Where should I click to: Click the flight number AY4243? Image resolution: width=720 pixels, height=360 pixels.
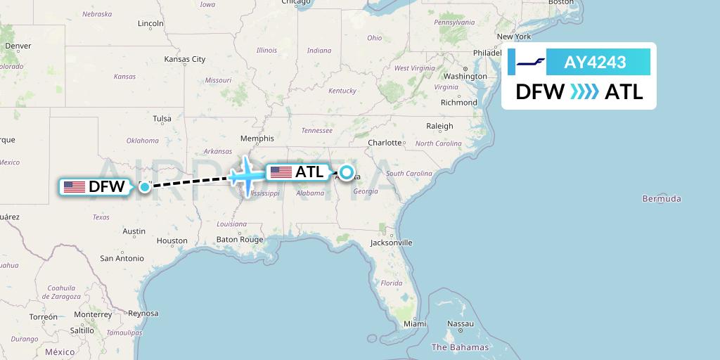[595, 62]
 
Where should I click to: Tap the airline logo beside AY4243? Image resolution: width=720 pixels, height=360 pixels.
[531, 62]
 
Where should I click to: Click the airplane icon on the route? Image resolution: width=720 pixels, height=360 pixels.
[244, 174]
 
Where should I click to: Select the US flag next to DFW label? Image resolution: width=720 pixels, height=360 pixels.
[74, 187]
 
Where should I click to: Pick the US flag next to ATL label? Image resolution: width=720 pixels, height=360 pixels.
[281, 172]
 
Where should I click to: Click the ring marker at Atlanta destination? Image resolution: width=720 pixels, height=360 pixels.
[347, 171]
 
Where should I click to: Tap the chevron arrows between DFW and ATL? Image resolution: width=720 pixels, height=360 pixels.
[584, 91]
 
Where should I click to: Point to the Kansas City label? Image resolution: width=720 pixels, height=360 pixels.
[185, 59]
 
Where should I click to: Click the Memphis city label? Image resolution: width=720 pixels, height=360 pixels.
[257, 139]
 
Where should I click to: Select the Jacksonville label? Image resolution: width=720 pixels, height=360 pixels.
[392, 243]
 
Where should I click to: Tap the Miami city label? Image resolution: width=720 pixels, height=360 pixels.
[415, 323]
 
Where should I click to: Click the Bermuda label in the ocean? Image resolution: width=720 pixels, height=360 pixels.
[662, 199]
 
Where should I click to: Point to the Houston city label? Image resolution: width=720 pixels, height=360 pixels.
[172, 240]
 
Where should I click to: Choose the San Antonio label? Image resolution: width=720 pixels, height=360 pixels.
[122, 259]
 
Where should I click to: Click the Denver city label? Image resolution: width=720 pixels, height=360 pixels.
[18, 46]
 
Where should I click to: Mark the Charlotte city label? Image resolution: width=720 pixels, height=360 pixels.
[385, 142]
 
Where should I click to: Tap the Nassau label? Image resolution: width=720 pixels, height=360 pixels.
[461, 323]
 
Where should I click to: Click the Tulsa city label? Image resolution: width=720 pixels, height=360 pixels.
[162, 118]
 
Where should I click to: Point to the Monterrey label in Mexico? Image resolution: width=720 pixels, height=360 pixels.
[92, 314]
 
